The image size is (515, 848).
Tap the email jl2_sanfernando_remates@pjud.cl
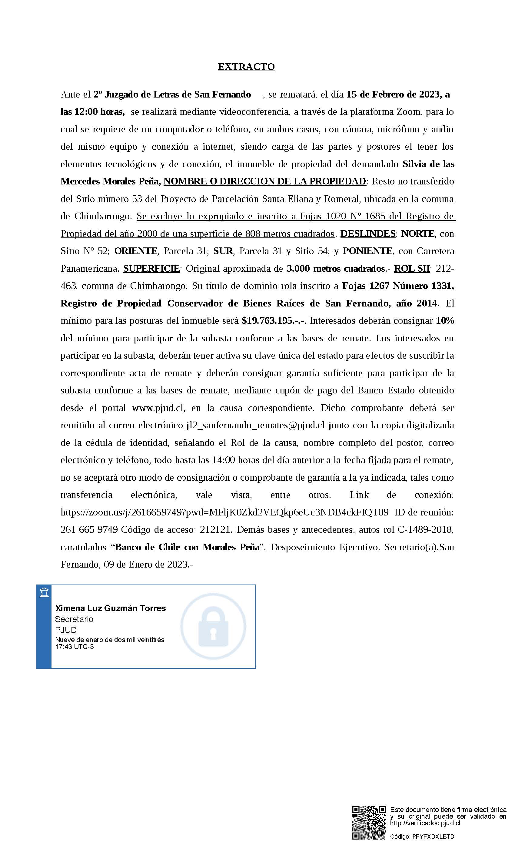(x=255, y=426)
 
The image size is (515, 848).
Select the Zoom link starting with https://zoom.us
(x=224, y=512)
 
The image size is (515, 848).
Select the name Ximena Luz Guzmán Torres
(x=111, y=608)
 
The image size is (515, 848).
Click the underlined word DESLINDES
(x=368, y=234)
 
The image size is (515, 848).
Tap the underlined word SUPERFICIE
(x=151, y=268)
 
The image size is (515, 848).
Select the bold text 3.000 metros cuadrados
(x=336, y=268)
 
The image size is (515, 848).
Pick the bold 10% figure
(x=445, y=321)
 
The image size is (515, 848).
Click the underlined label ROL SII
(x=412, y=268)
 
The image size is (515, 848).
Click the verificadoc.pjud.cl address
(x=425, y=823)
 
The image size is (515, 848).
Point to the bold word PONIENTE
(x=367, y=251)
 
